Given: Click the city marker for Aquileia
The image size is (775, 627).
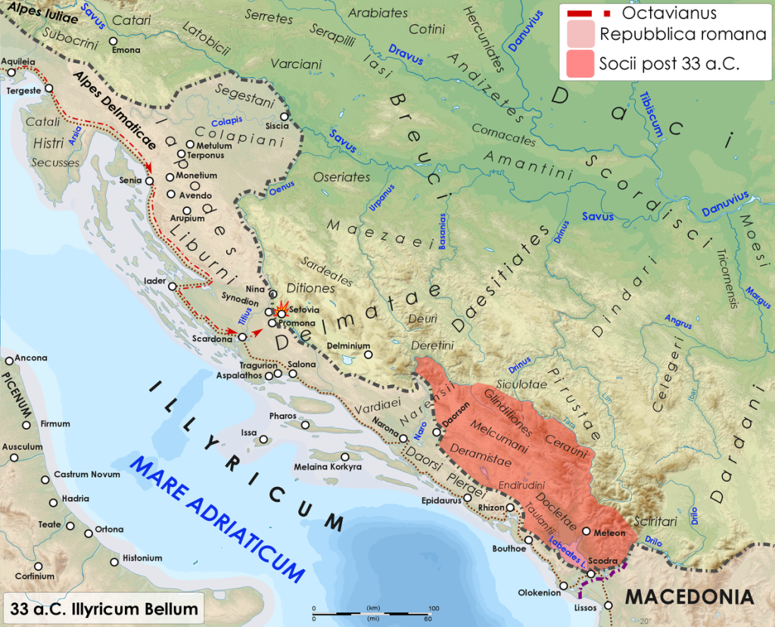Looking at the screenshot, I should (x=11, y=73).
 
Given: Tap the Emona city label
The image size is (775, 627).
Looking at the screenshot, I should (x=126, y=51).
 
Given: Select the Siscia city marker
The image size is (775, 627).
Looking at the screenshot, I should (x=285, y=116).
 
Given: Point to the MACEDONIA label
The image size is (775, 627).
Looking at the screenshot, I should (x=689, y=597).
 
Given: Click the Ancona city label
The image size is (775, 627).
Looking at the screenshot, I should (x=31, y=358).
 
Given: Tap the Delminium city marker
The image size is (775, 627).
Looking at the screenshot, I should (x=368, y=355).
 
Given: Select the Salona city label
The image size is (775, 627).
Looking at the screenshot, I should (x=300, y=364).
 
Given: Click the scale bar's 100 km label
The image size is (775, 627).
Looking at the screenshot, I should (x=434, y=608).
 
